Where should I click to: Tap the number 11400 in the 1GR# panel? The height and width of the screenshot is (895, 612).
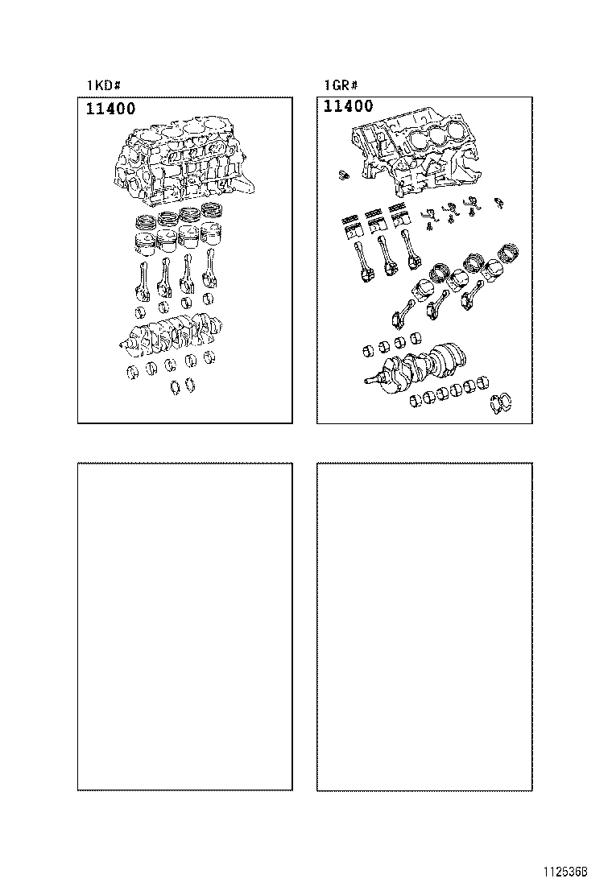pyautogui.click(x=348, y=106)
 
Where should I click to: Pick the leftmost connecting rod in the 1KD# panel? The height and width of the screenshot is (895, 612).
pyautogui.click(x=141, y=281)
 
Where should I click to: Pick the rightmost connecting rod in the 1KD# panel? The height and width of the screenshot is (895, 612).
pyautogui.click(x=213, y=273)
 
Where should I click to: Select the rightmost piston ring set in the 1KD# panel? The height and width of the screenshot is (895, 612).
pyautogui.click(x=213, y=210)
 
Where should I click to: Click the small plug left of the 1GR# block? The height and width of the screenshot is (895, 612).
pyautogui.click(x=341, y=173)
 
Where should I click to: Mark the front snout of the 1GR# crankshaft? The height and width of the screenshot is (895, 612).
pyautogui.click(x=373, y=381)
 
